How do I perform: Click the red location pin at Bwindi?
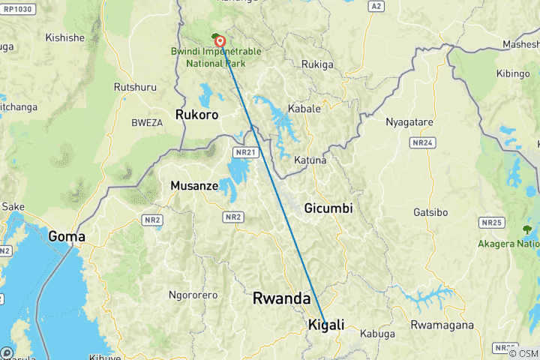220,40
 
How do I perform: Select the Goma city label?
66,236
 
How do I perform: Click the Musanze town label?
194,185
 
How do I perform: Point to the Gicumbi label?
328,208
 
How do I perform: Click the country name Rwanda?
281,298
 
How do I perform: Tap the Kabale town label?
304,109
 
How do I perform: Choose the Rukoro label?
196,115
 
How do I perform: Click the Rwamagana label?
442,325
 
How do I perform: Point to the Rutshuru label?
135,88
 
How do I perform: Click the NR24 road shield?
422,142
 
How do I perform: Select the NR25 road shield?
492,223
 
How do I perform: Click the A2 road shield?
376,6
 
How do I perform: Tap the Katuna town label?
310,160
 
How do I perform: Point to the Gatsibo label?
430,213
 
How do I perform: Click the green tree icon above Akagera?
523,227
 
